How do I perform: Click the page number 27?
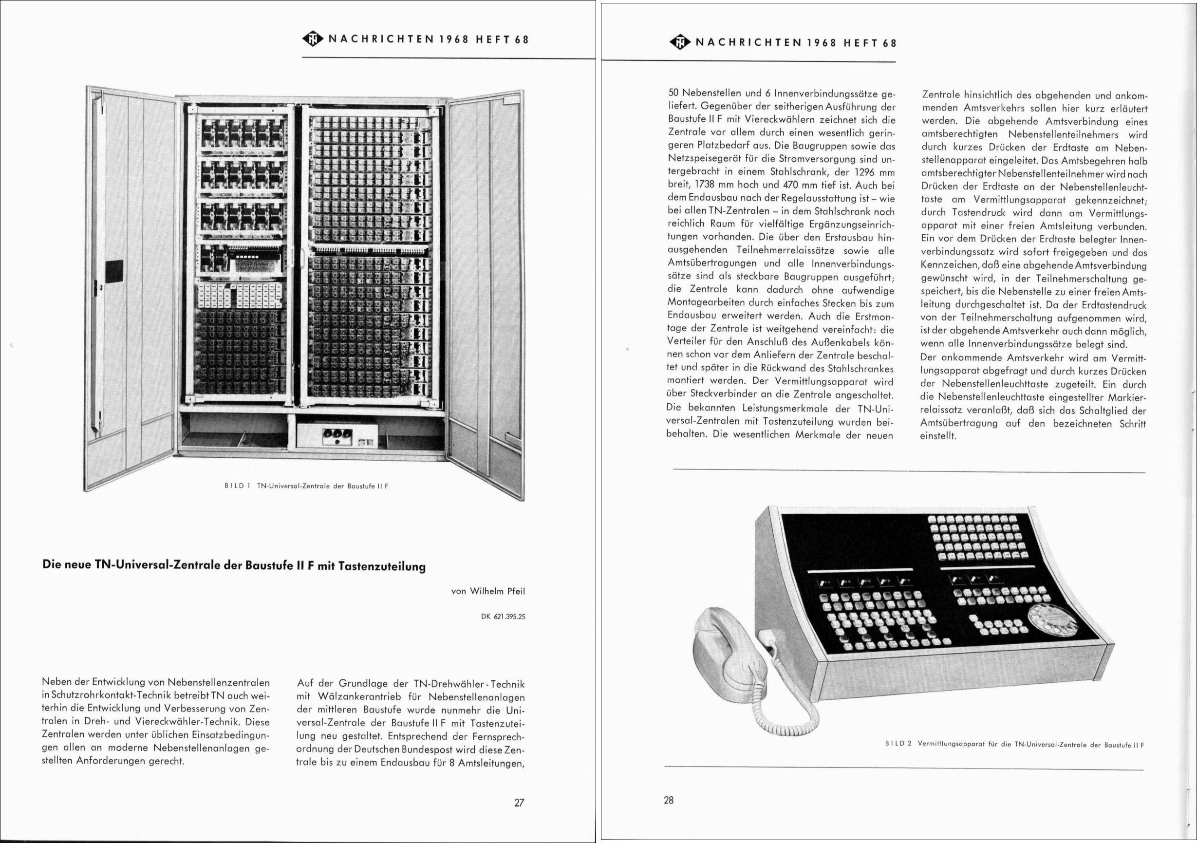[519, 803]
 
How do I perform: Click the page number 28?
[669, 800]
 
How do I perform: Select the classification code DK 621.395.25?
[503, 616]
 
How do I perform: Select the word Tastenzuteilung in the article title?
[382, 567]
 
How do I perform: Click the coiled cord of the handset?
[782, 698]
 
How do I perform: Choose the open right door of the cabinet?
[487, 292]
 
